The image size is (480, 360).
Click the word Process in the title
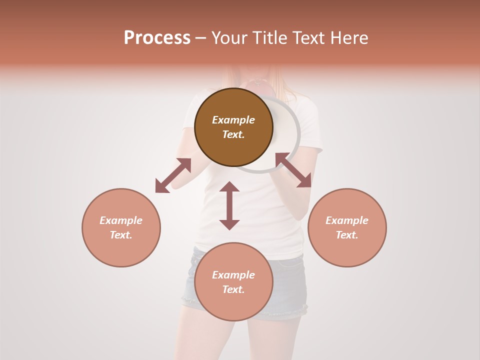tap(157, 37)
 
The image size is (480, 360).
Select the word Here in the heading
tap(349, 38)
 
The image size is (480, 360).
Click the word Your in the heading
tap(229, 38)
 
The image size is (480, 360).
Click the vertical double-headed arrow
tap(229, 205)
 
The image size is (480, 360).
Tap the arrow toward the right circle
tap(293, 170)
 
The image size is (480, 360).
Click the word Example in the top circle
tap(233, 120)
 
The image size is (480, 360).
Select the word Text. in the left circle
tap(121, 235)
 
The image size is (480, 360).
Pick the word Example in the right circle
tap(347, 220)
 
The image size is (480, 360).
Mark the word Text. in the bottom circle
tap(233, 289)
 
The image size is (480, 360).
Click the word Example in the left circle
tap(121, 220)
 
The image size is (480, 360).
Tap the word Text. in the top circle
tap(233, 134)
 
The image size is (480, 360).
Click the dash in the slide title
tap(200, 38)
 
